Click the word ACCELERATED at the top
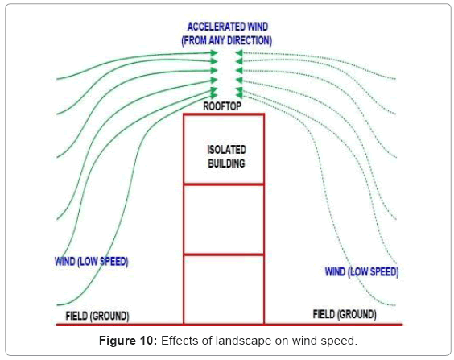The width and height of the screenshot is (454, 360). click(213, 27)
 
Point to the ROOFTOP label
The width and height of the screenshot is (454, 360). click(222, 106)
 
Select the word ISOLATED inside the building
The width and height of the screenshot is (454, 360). click(226, 150)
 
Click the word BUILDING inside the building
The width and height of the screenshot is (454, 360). click(226, 163)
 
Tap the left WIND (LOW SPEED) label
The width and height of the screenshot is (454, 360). click(92, 262)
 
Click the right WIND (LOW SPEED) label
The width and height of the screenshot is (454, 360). click(361, 272)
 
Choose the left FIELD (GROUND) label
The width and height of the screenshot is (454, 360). click(97, 316)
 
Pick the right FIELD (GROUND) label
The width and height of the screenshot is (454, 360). click(345, 314)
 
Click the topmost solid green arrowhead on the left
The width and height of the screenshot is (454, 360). click(214, 52)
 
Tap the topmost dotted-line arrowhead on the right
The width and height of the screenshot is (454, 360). click(239, 52)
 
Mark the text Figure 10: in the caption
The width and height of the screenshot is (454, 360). click(128, 341)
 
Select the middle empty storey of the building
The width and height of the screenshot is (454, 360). click(224, 219)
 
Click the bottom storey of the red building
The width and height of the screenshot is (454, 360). click(224, 289)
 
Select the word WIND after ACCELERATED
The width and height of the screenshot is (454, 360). click(254, 27)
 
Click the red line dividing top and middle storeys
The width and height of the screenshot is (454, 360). click(224, 184)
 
